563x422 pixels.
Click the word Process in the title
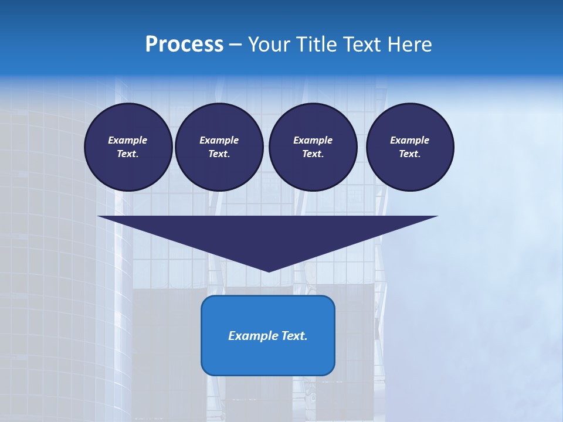(x=184, y=44)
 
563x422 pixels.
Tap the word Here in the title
(x=410, y=44)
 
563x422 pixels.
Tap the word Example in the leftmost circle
(x=128, y=140)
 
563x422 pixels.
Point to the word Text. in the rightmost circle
(x=410, y=154)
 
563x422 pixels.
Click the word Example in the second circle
(x=219, y=140)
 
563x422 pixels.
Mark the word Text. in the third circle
(x=313, y=154)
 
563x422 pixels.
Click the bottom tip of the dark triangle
(x=269, y=270)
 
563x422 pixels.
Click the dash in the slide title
(x=235, y=45)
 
